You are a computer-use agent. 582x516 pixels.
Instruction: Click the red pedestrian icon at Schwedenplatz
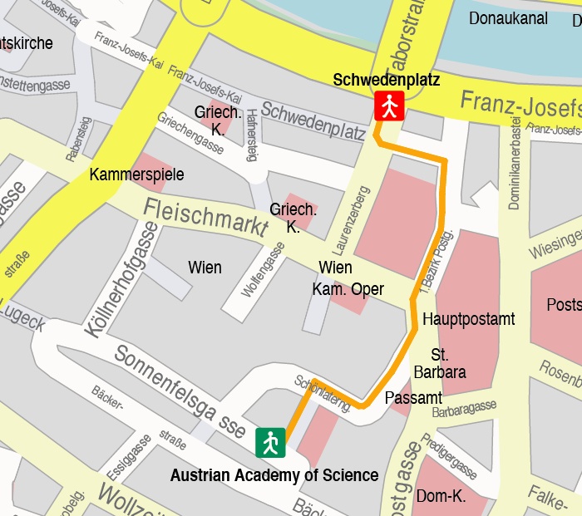(389, 106)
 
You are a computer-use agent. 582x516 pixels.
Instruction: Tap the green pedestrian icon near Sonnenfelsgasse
(270, 442)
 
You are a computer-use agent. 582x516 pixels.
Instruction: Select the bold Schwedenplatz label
(386, 80)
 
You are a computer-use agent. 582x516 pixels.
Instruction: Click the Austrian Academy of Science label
(274, 476)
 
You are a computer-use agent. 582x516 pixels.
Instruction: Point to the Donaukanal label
(508, 18)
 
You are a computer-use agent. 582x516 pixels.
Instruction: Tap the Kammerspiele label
(136, 174)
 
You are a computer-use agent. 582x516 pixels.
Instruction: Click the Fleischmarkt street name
(205, 217)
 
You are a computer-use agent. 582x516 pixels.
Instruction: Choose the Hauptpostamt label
(468, 319)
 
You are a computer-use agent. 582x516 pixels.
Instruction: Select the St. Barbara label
(439, 363)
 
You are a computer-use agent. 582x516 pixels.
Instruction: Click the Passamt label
(414, 398)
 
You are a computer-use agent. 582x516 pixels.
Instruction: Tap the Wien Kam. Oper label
(348, 278)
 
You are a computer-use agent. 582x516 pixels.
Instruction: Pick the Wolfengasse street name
(263, 268)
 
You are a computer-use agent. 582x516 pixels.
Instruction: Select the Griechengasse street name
(190, 133)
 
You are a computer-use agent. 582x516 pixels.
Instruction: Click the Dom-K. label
(441, 497)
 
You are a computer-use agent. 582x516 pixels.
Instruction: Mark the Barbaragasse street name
(464, 408)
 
